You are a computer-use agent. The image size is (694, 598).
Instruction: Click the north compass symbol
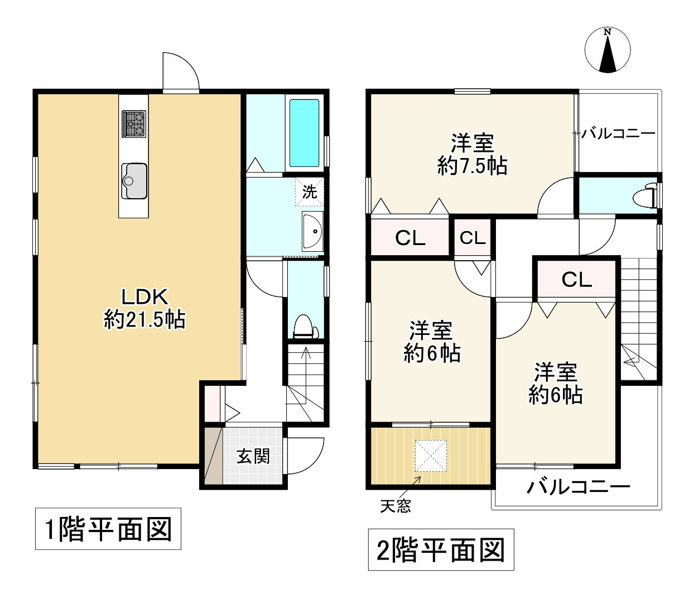tap(607, 50)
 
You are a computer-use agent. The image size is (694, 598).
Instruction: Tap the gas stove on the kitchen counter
tap(134, 123)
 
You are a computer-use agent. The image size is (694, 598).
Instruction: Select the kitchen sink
tap(134, 181)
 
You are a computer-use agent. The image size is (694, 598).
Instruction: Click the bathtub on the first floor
tap(304, 133)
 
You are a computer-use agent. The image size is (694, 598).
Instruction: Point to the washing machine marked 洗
tap(310, 192)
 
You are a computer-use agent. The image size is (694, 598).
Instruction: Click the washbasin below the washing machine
tap(312, 231)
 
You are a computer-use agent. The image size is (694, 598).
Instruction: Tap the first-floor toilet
tap(306, 326)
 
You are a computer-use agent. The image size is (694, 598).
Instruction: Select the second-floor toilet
tap(644, 195)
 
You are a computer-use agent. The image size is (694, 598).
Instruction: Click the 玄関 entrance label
tap(253, 457)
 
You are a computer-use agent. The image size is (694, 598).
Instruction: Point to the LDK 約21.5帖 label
tap(144, 308)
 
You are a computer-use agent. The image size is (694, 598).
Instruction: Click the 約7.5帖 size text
tap(472, 166)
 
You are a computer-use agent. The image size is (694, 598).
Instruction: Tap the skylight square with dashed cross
tap(431, 456)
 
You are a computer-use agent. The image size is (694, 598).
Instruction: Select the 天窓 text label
tap(396, 506)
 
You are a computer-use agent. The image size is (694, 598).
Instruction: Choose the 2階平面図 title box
tap(441, 549)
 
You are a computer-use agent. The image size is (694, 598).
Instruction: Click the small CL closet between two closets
tap(473, 238)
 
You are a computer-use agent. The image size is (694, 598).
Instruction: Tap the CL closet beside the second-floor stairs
tap(576, 279)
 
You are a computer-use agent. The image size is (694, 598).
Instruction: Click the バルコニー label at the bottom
tap(578, 487)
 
